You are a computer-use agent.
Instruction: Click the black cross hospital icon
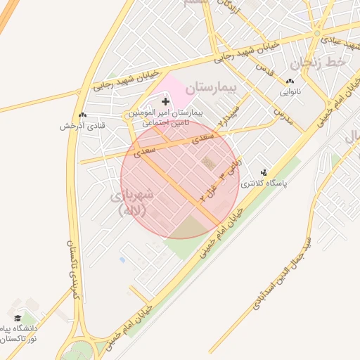(166, 102)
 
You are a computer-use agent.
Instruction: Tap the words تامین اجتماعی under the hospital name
(169, 122)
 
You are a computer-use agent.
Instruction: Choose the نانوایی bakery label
(290, 92)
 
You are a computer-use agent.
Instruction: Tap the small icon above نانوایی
(291, 82)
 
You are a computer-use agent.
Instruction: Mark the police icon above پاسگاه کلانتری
(264, 172)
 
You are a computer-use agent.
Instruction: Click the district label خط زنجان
(321, 65)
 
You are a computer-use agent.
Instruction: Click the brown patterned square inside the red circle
(210, 163)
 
